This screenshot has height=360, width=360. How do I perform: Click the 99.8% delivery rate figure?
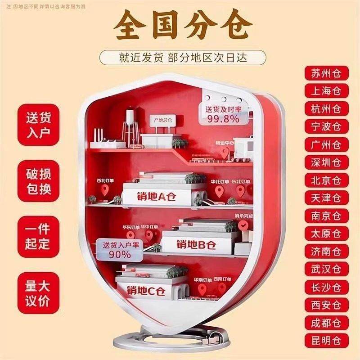coord(223,119)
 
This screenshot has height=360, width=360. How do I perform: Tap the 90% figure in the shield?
coord(119,254)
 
